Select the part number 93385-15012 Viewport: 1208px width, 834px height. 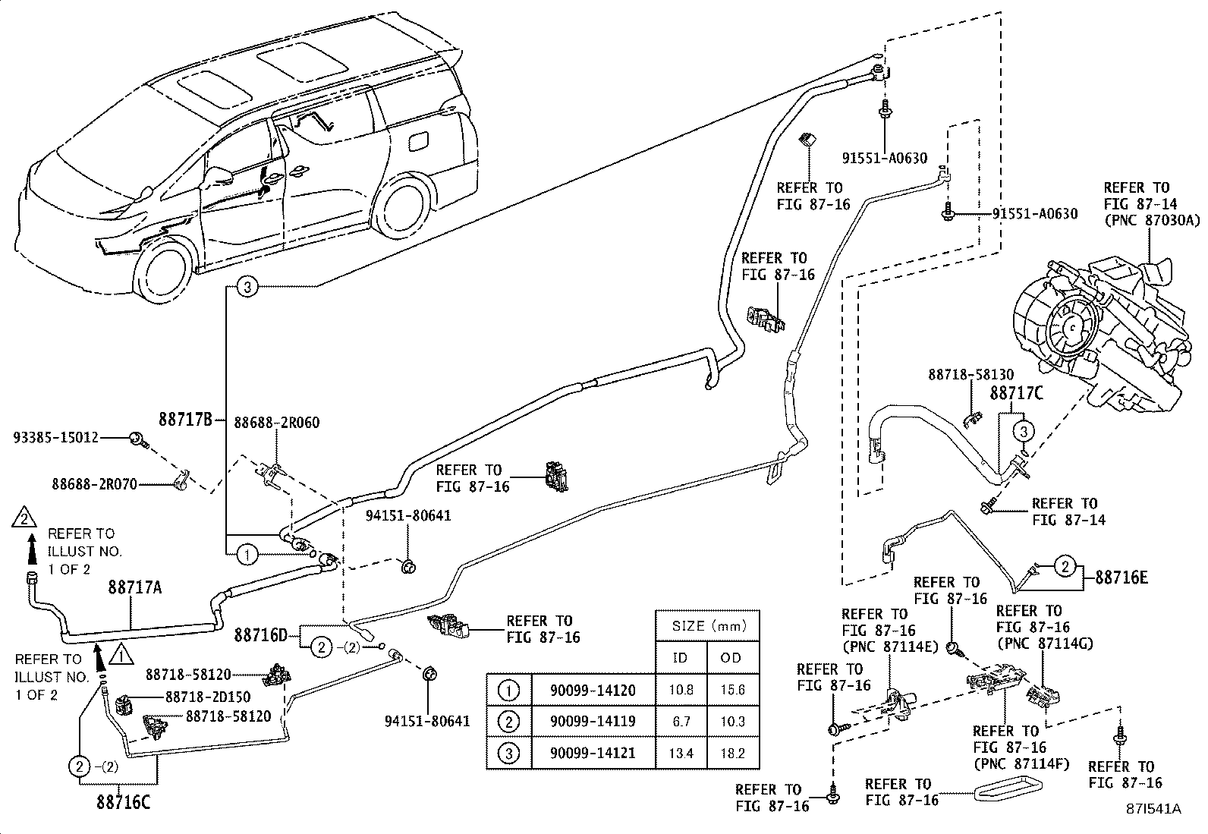pos(57,438)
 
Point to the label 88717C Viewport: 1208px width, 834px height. pos(1016,394)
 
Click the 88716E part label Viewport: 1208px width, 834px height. pos(1121,578)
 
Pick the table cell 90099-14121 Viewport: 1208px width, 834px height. pos(592,754)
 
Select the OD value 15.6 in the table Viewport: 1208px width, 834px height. pos(732,691)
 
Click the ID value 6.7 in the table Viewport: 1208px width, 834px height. pos(681,722)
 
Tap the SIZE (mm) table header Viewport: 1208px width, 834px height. pos(707,627)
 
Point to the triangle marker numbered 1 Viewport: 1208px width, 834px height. pos(118,653)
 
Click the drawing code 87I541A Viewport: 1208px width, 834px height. pos(1153,809)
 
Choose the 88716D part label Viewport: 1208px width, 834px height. pos(260,634)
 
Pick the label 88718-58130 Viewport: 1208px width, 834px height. pos(970,375)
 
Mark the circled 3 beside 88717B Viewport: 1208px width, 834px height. pos(250,287)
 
